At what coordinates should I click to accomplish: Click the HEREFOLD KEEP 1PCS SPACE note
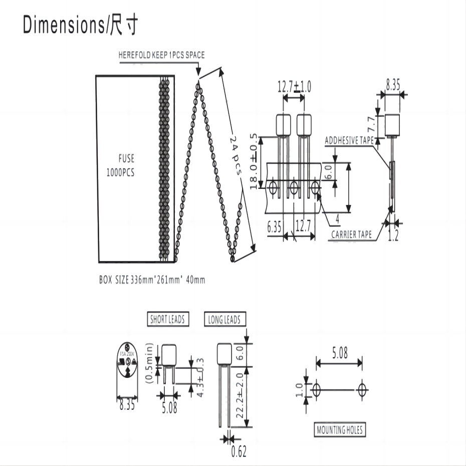(161, 55)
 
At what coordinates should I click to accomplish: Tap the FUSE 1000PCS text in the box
(120, 165)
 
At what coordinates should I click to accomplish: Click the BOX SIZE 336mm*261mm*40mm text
(152, 280)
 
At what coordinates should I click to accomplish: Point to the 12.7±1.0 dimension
(294, 87)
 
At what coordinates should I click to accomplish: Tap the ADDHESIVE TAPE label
(349, 141)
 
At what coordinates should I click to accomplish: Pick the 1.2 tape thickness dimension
(394, 235)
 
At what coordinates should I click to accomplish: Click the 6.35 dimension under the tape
(274, 227)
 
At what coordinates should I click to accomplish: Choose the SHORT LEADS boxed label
(168, 319)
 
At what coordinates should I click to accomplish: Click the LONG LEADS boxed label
(224, 319)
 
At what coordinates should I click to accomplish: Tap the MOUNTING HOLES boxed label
(339, 429)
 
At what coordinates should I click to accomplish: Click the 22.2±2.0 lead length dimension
(239, 396)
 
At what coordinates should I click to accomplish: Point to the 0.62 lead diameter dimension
(239, 452)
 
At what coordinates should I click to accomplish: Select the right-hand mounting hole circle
(362, 389)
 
